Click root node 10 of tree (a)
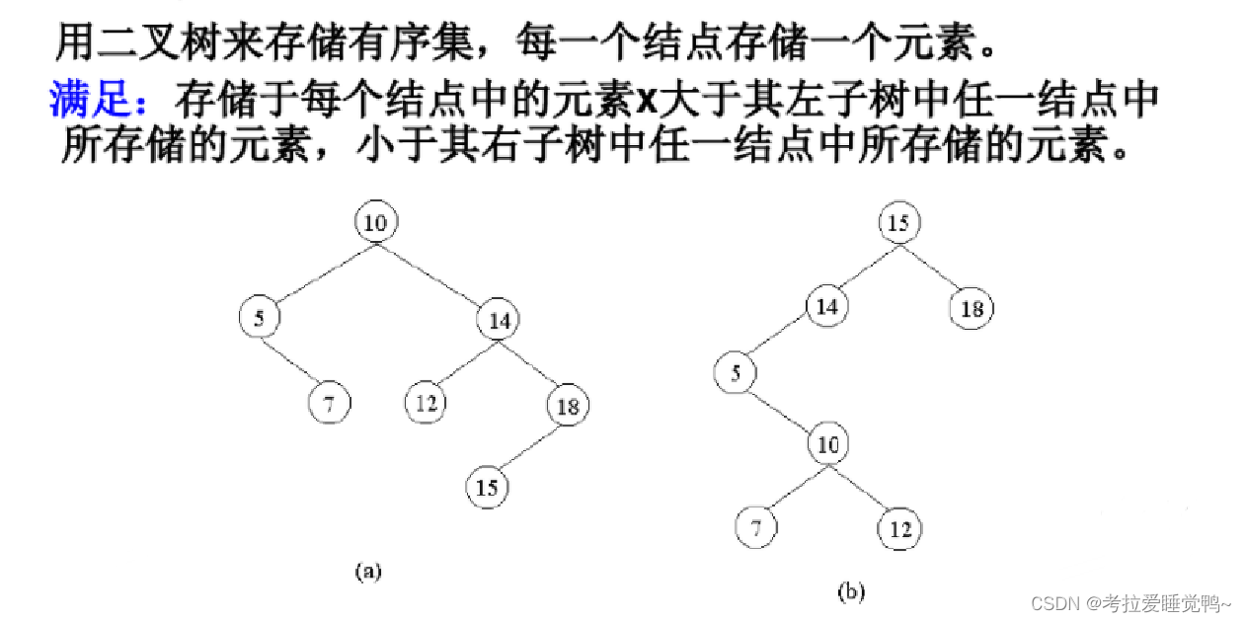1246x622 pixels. tap(375, 223)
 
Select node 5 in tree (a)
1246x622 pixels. tap(259, 317)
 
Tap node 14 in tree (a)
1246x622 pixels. tap(498, 319)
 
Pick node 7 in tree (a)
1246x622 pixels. tap(329, 404)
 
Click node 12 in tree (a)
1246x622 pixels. tap(426, 402)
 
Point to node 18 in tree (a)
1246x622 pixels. tap(567, 406)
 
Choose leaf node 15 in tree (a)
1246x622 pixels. tap(488, 488)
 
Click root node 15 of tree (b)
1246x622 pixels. tap(898, 223)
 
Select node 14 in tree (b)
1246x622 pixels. tap(827, 306)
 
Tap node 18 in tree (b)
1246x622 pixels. tap(973, 309)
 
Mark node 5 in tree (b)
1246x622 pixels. tap(736, 373)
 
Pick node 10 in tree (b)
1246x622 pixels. tap(828, 445)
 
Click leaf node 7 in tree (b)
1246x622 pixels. tap(756, 528)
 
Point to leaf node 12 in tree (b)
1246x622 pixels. tap(899, 529)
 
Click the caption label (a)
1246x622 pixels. tap(367, 571)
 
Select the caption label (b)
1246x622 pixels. tap(850, 592)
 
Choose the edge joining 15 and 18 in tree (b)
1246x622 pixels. tap(936, 267)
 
